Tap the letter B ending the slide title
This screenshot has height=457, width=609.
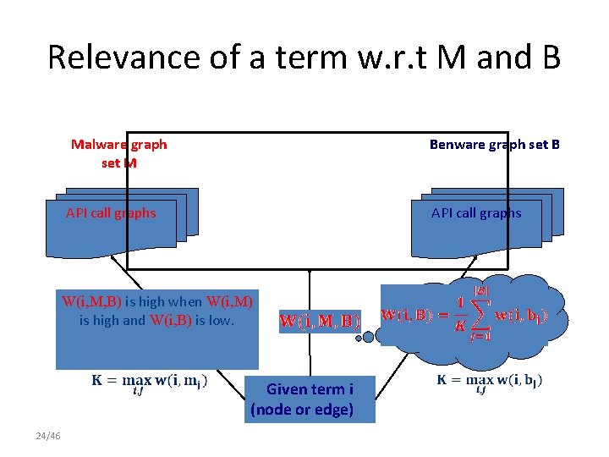547,58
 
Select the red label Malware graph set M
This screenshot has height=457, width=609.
118,152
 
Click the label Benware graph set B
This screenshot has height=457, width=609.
494,144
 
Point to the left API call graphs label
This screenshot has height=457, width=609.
111,212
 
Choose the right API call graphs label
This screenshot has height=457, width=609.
476,212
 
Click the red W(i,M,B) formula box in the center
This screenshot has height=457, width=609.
319,322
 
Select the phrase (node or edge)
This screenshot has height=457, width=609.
302,411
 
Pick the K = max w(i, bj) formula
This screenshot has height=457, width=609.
490,382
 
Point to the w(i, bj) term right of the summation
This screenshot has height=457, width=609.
521,316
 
